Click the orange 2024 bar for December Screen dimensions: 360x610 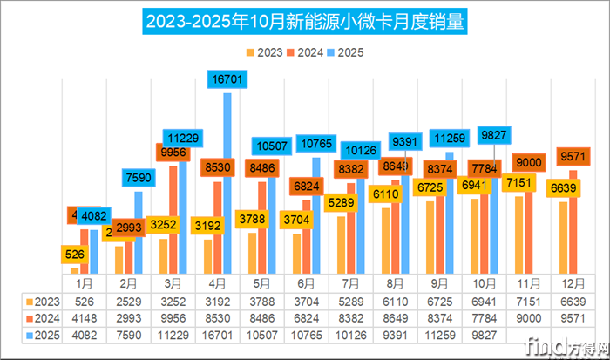573,235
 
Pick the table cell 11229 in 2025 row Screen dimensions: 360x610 174,336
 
